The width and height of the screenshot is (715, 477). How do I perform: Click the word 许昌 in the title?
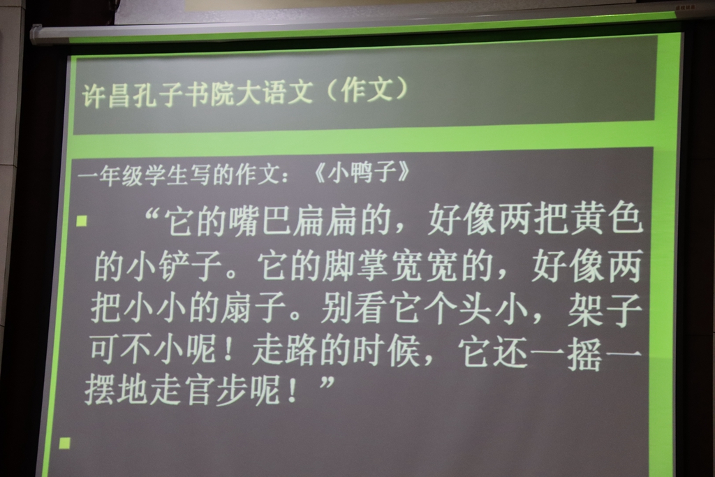106,95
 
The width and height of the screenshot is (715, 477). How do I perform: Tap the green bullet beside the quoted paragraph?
82,221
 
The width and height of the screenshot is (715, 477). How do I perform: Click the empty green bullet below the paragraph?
65,443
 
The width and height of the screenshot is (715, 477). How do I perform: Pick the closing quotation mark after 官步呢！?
327,382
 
